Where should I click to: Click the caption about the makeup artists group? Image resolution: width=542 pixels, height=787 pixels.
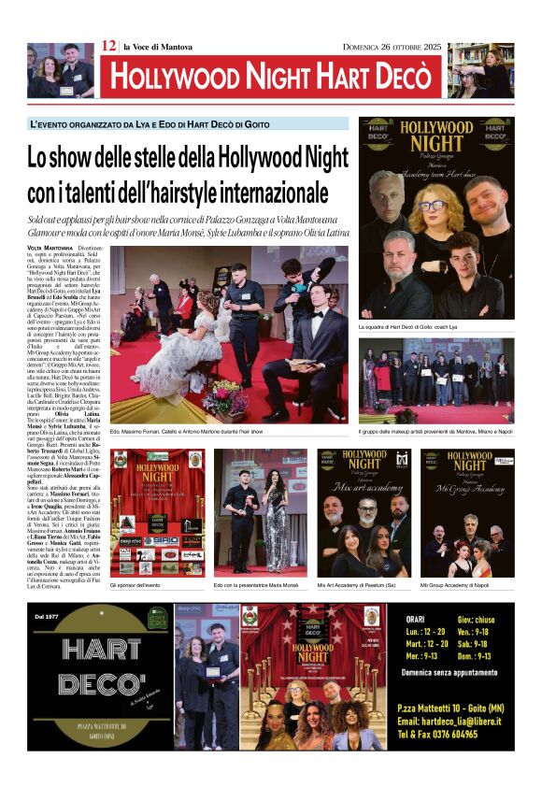pyautogui.click(x=435, y=432)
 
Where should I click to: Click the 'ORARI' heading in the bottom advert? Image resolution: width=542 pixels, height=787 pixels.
pyautogui.click(x=417, y=620)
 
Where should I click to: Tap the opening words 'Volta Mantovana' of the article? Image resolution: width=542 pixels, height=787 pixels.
pyautogui.click(x=49, y=248)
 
